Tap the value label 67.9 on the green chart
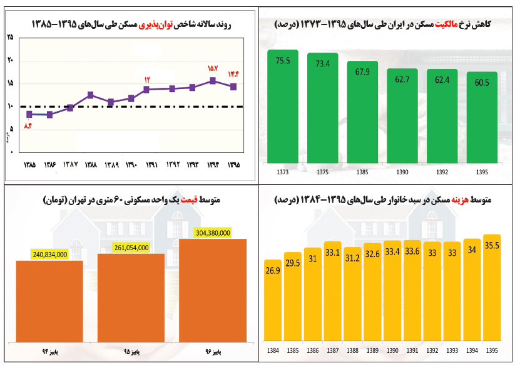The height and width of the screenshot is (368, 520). coord(362,71)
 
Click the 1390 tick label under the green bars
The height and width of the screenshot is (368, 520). coord(402,171)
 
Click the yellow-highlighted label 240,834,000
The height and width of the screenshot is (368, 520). coord(49,255)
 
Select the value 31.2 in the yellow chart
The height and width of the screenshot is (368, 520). coord(352,258)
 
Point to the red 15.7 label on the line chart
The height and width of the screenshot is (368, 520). coord(212,68)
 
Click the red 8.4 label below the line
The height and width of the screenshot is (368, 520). coord(28,126)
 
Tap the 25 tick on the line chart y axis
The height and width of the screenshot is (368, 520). coord(10,38)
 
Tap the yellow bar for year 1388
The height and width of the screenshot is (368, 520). coord(352,295)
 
